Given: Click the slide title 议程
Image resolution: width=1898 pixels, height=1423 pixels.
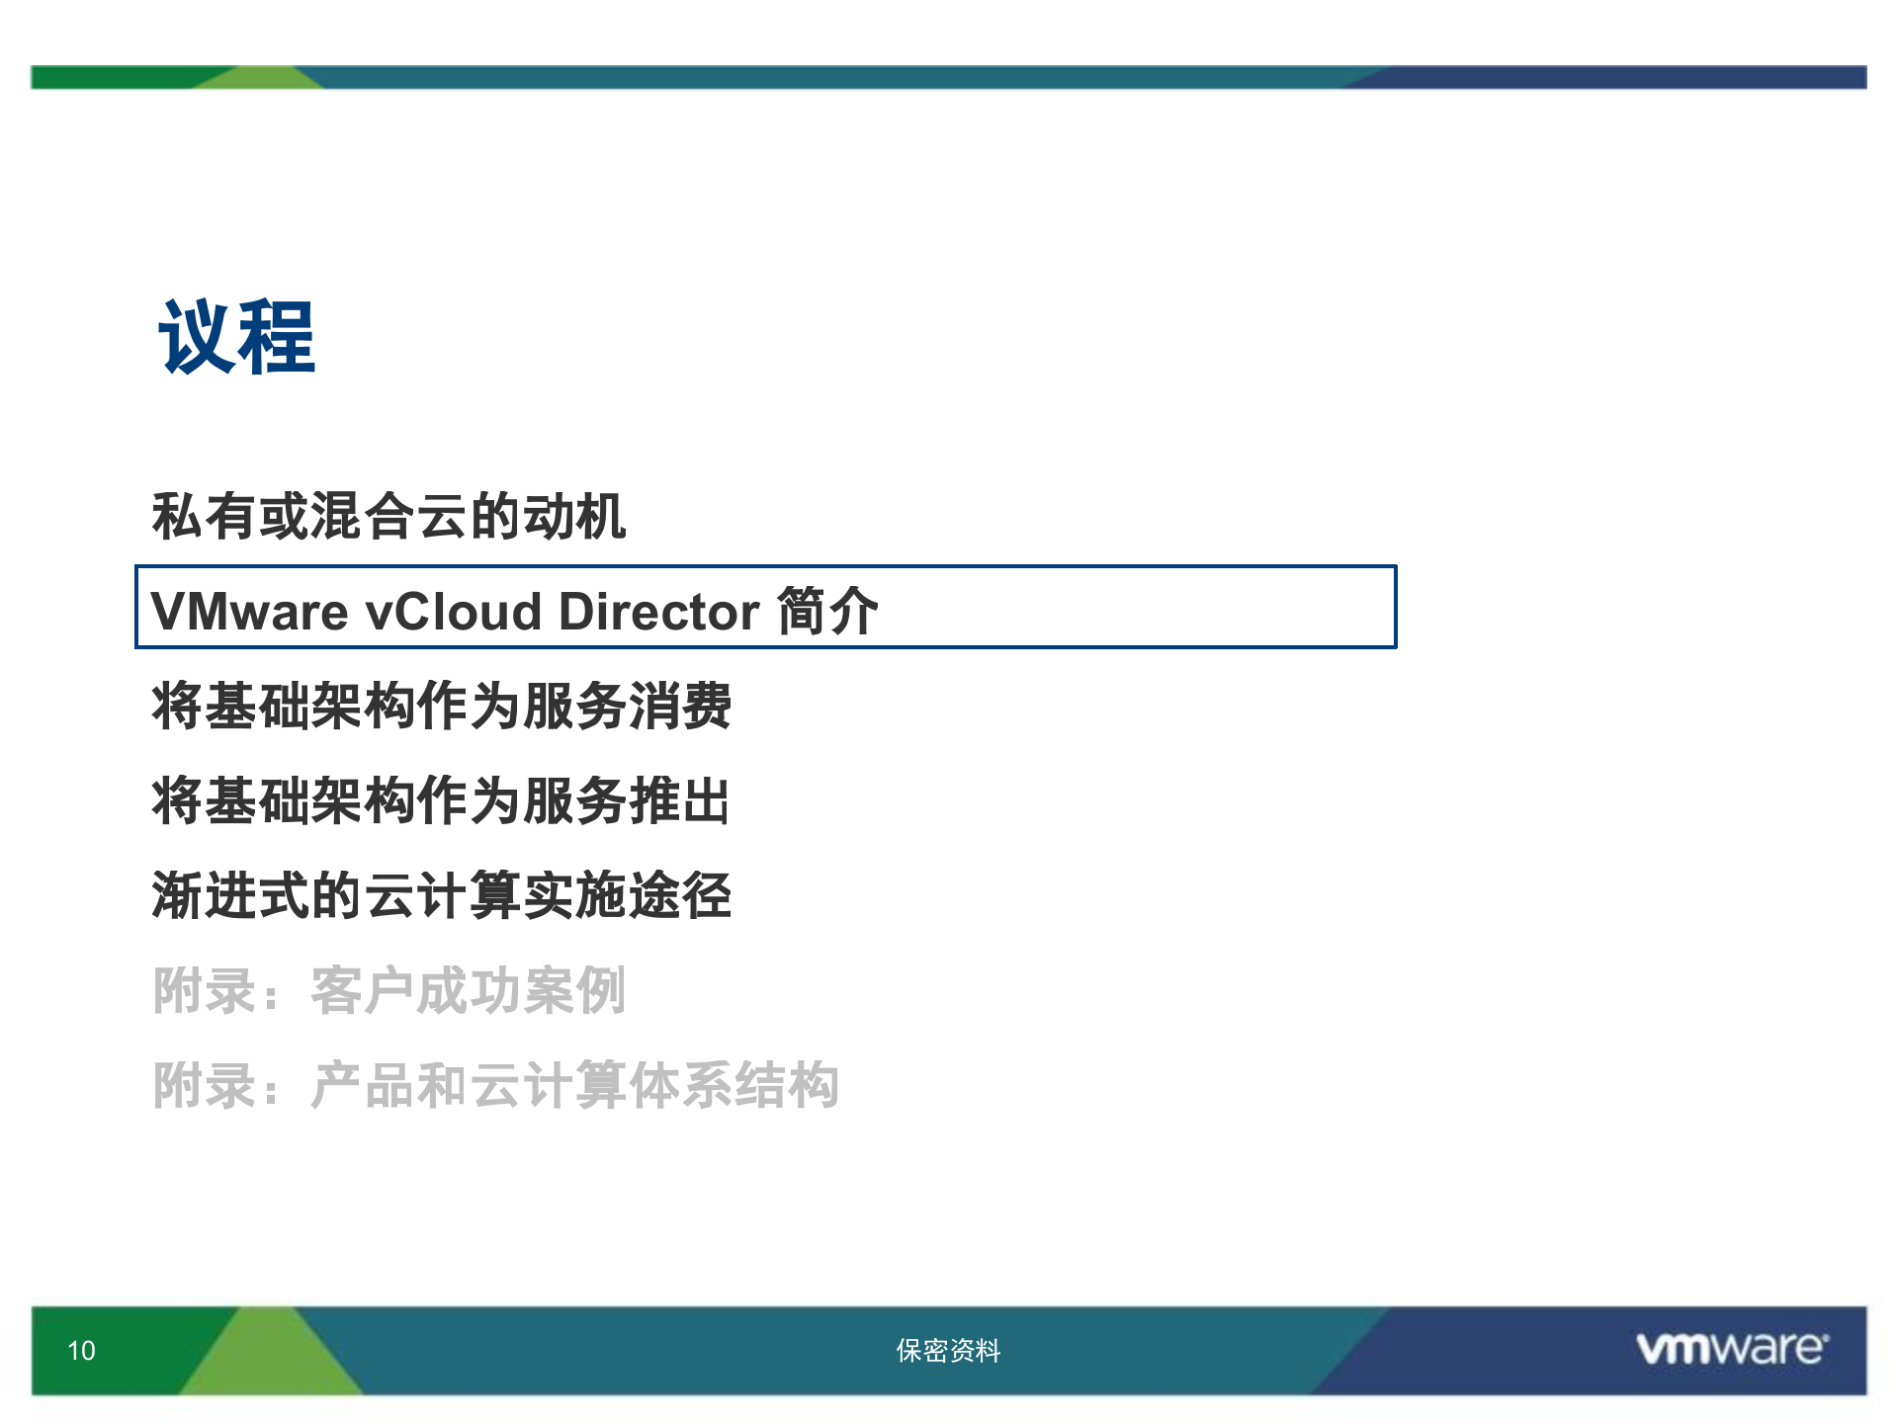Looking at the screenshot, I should tap(237, 338).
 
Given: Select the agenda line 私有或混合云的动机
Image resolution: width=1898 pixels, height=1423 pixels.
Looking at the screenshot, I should tap(388, 516).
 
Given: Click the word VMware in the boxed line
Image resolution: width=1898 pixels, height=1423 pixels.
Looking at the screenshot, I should tap(249, 611).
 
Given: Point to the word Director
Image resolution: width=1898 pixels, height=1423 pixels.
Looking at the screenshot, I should tap(658, 611).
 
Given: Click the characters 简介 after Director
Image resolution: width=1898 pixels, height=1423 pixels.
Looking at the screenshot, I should tap(828, 611).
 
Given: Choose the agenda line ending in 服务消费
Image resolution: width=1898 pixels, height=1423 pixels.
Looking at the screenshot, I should tap(441, 706).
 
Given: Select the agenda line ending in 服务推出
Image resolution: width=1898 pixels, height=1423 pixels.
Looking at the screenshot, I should tap(441, 800).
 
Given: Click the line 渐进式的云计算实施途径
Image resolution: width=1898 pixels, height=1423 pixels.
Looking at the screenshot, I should tap(441, 895).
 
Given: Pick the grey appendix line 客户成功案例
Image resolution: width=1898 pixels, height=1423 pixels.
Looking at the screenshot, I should tap(388, 990).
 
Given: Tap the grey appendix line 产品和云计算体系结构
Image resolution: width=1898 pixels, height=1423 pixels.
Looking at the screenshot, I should tap(494, 1085).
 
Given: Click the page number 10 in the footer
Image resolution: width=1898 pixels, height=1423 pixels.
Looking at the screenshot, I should tap(81, 1351).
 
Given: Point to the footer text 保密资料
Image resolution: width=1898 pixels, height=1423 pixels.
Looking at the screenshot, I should tap(948, 1351).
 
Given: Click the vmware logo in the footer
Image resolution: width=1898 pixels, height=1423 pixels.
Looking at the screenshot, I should tap(1732, 1349).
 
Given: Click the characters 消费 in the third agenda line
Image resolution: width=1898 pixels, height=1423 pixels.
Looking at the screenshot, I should tap(680, 706).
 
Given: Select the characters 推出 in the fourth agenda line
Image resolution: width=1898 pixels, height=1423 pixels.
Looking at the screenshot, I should tap(680, 800).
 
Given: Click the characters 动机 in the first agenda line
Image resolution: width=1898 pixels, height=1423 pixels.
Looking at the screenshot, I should tap(574, 516).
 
